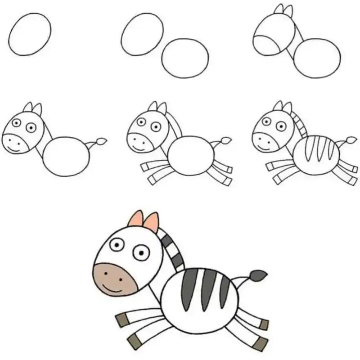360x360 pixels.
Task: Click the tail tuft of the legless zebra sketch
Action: [x=102, y=142]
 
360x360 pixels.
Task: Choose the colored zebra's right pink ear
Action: [x=152, y=222]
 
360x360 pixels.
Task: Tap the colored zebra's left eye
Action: [x=118, y=244]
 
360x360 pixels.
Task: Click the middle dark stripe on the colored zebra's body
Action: [x=209, y=288]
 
